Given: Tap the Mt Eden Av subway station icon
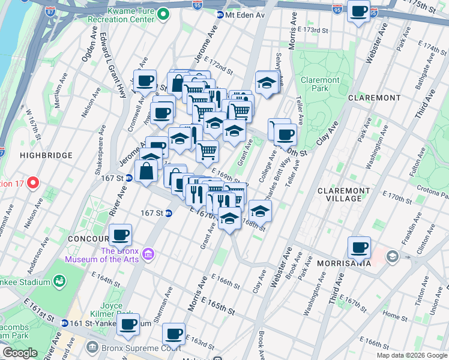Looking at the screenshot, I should pyautogui.click(x=220, y=14).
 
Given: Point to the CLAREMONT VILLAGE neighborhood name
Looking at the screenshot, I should pyautogui.click(x=344, y=195).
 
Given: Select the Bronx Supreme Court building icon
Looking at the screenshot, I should pyautogui.click(x=92, y=347).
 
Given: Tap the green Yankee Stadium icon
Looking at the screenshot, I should pyautogui.click(x=59, y=281).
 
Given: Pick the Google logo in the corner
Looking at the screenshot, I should pyautogui.click(x=20, y=353).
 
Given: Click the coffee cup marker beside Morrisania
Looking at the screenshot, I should pyautogui.click(x=360, y=247).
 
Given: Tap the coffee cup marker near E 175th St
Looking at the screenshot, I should pyautogui.click(x=359, y=11).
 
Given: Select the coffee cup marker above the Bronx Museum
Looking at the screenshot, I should pyautogui.click(x=120, y=234).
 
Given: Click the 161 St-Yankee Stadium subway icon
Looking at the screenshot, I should pyautogui.click(x=64, y=323).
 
